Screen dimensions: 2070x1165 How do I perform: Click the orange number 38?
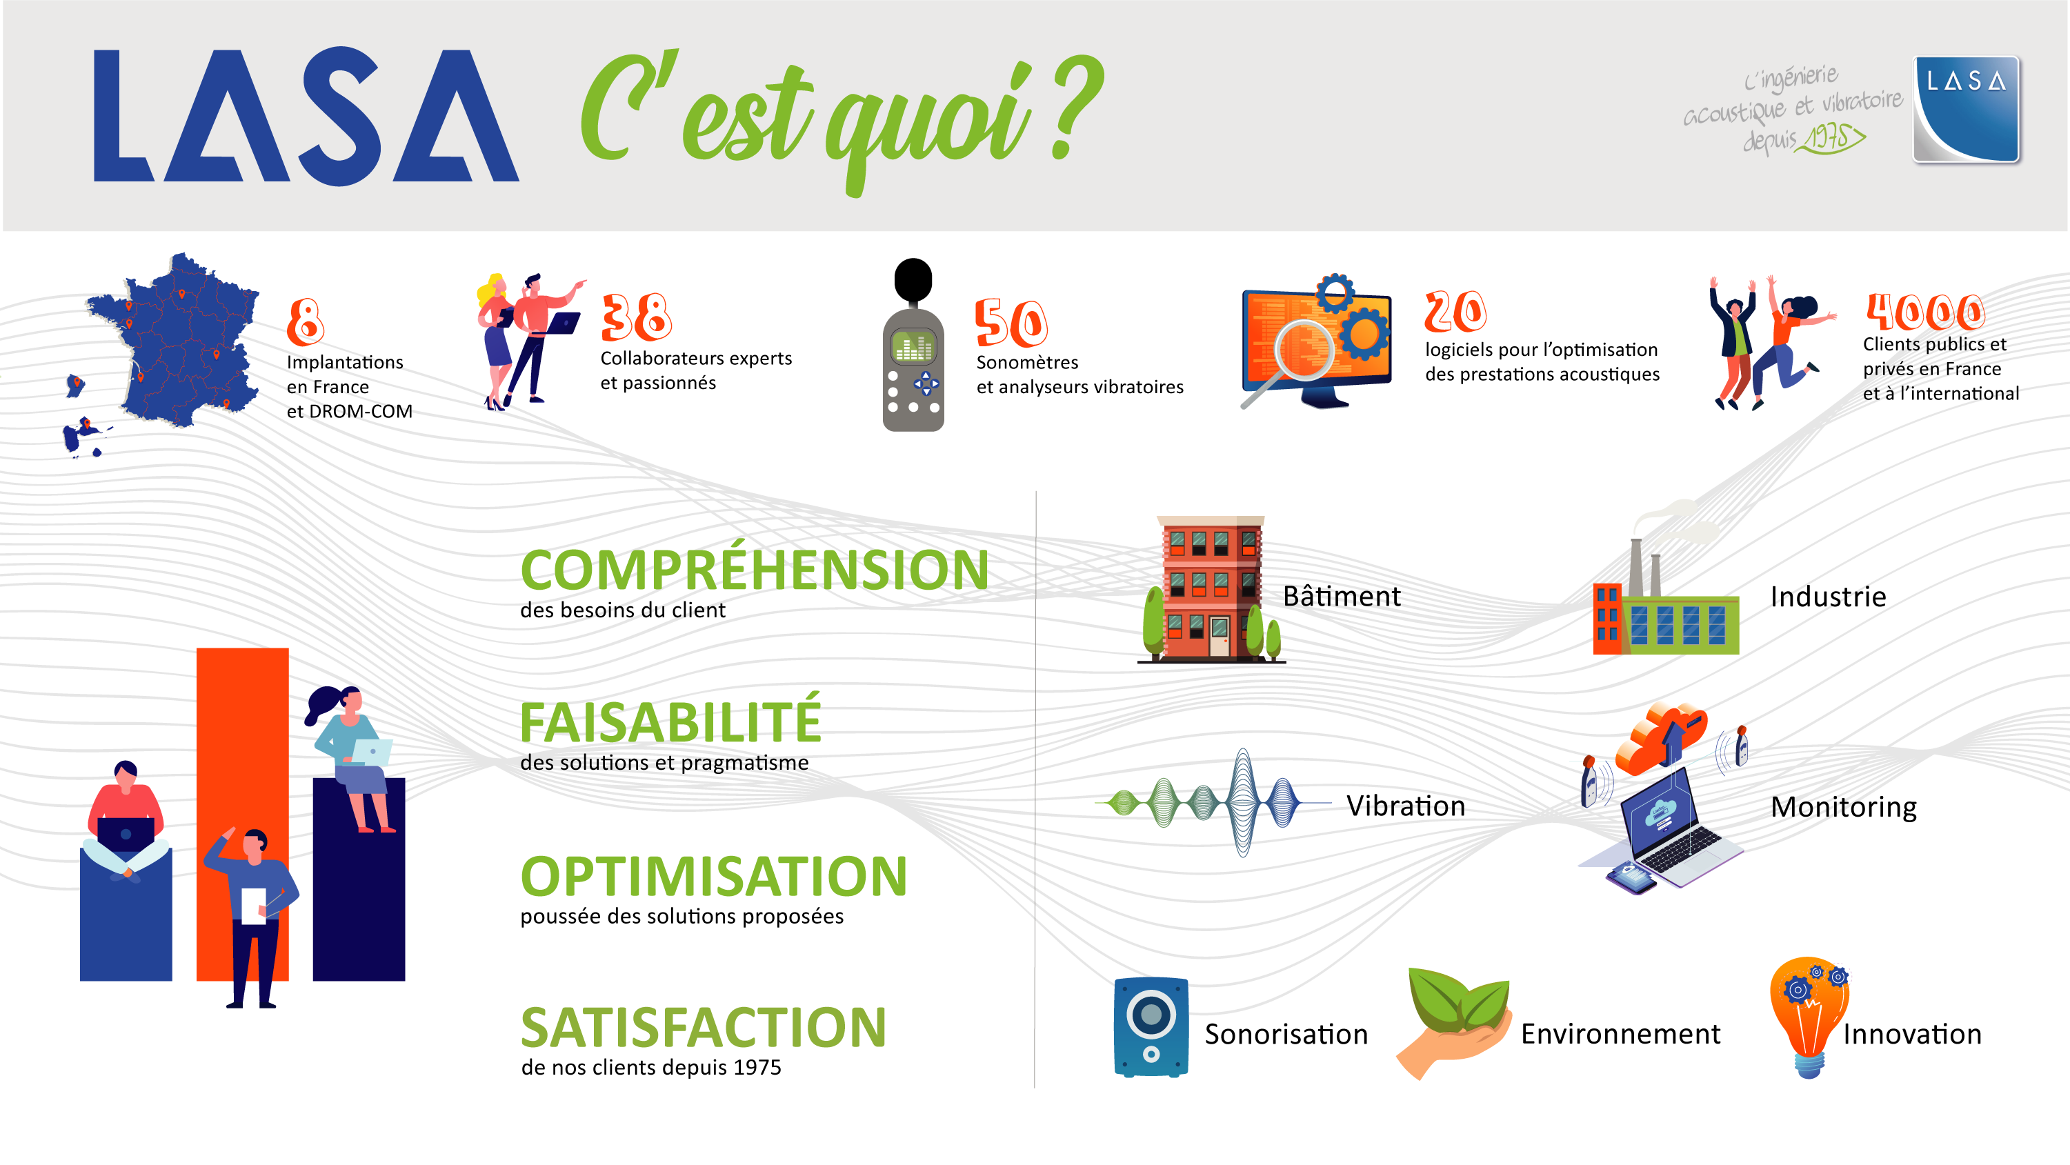[x=637, y=317]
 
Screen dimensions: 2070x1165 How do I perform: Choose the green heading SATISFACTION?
[x=703, y=1028]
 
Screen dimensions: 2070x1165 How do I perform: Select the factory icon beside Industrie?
[x=1666, y=599]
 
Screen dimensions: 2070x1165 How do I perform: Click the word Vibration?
[x=1406, y=805]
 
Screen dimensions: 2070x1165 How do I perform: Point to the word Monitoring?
[x=1843, y=806]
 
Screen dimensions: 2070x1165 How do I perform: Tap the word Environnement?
[x=1620, y=1033]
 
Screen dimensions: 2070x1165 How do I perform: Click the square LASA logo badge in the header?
[x=1967, y=109]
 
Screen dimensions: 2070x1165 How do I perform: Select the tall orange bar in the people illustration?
[x=242, y=813]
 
